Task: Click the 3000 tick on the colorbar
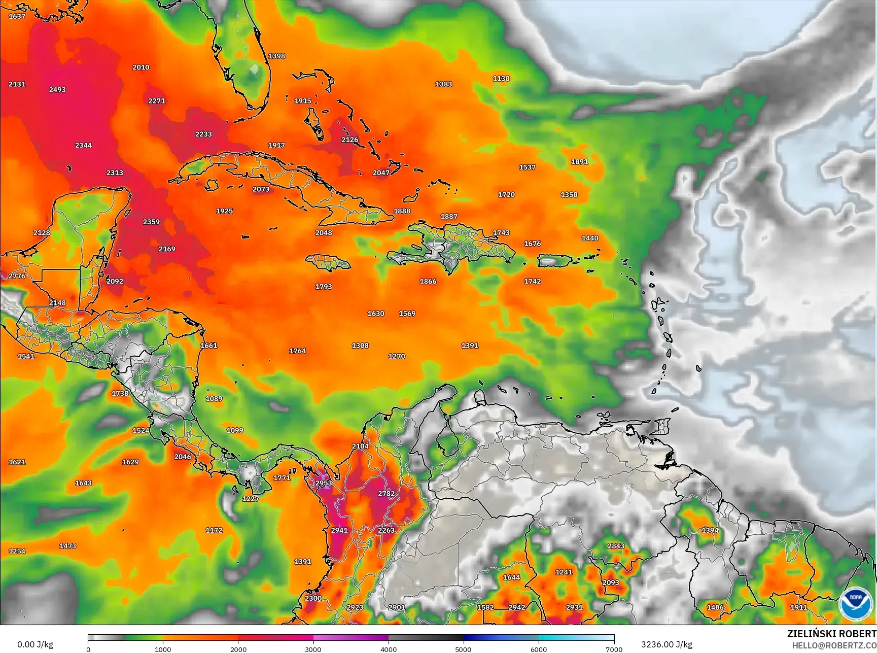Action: [313, 649]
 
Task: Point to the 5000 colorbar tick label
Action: [463, 649]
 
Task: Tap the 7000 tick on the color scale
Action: [614, 649]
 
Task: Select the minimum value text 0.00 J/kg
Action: [35, 644]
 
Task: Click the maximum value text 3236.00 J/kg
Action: [666, 644]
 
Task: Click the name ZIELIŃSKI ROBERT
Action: [831, 634]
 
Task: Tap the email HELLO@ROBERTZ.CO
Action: [834, 645]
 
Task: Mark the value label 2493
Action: [57, 90]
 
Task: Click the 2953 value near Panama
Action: [324, 483]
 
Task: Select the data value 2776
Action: [17, 276]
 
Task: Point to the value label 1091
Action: [579, 162]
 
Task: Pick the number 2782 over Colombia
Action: [386, 494]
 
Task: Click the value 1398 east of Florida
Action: [276, 56]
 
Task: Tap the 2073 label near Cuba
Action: [261, 189]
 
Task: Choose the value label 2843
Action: [616, 546]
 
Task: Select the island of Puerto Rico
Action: [554, 261]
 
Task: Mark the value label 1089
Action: [214, 399]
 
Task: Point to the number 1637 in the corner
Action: [17, 17]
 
